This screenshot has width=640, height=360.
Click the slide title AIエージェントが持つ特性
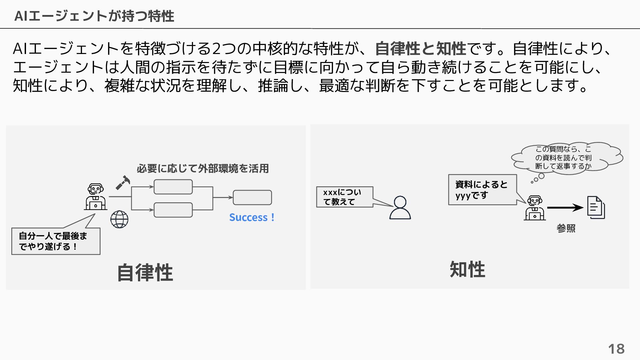pyautogui.click(x=94, y=16)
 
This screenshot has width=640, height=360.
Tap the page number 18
pyautogui.click(x=616, y=349)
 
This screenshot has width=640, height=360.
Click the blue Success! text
pyautogui.click(x=252, y=217)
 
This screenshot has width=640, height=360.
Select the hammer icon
pyautogui.click(x=123, y=183)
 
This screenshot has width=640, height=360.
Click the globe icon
pyautogui.click(x=119, y=219)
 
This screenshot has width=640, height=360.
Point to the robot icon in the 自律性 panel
pyautogui.click(x=96, y=197)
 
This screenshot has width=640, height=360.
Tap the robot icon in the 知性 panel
pyautogui.click(x=535, y=208)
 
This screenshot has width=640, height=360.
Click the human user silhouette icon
pyautogui.click(x=400, y=207)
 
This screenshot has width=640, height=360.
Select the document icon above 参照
pyautogui.click(x=596, y=207)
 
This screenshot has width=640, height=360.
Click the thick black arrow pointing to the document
pyautogui.click(x=565, y=208)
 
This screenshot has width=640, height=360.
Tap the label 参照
pyautogui.click(x=566, y=228)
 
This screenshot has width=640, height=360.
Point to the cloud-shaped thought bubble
pyautogui.click(x=567, y=157)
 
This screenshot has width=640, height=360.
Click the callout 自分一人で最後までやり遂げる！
pyautogui.click(x=56, y=241)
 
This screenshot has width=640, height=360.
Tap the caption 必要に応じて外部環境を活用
pyautogui.click(x=203, y=169)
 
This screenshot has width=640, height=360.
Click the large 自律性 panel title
pyautogui.click(x=145, y=273)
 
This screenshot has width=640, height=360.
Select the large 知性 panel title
pyautogui.click(x=467, y=269)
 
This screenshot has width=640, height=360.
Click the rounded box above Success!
pyautogui.click(x=252, y=197)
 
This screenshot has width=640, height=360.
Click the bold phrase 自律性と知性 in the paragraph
pyautogui.click(x=421, y=49)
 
